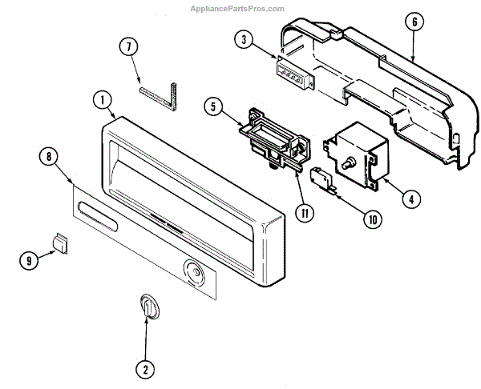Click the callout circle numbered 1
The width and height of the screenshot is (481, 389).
[101, 100]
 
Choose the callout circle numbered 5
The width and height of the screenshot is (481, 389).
[212, 105]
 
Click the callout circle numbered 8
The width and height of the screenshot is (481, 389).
[50, 157]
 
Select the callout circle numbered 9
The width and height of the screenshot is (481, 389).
[28, 259]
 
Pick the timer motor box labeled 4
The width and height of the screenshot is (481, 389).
[353, 153]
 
